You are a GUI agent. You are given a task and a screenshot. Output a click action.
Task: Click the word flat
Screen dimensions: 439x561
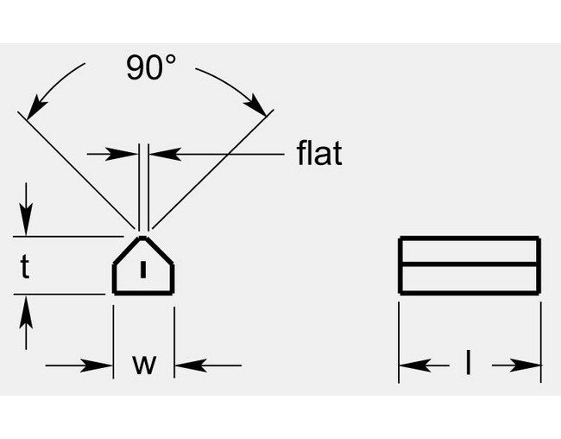coord(318,154)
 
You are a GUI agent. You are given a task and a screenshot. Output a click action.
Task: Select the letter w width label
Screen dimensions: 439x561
coord(144,364)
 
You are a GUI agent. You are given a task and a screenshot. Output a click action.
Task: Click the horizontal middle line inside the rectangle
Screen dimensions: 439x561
coord(470,264)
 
